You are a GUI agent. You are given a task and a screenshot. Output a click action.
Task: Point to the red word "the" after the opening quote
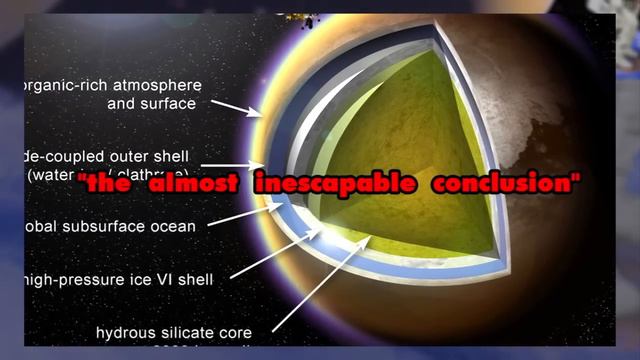pyautogui.click(x=117, y=185)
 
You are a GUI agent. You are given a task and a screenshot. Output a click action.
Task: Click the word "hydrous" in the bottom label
pyautogui.click(x=124, y=331)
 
